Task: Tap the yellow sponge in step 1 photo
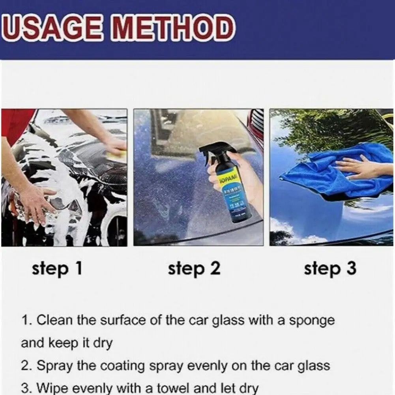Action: tap(117, 155)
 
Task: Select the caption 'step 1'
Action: tap(57, 269)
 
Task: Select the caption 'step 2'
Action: tap(194, 269)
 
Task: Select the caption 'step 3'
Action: tap(330, 269)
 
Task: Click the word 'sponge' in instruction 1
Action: tap(312, 320)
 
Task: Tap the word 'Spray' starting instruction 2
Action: tap(55, 366)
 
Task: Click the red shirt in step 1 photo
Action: tap(16, 122)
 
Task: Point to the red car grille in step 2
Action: tap(256, 126)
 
